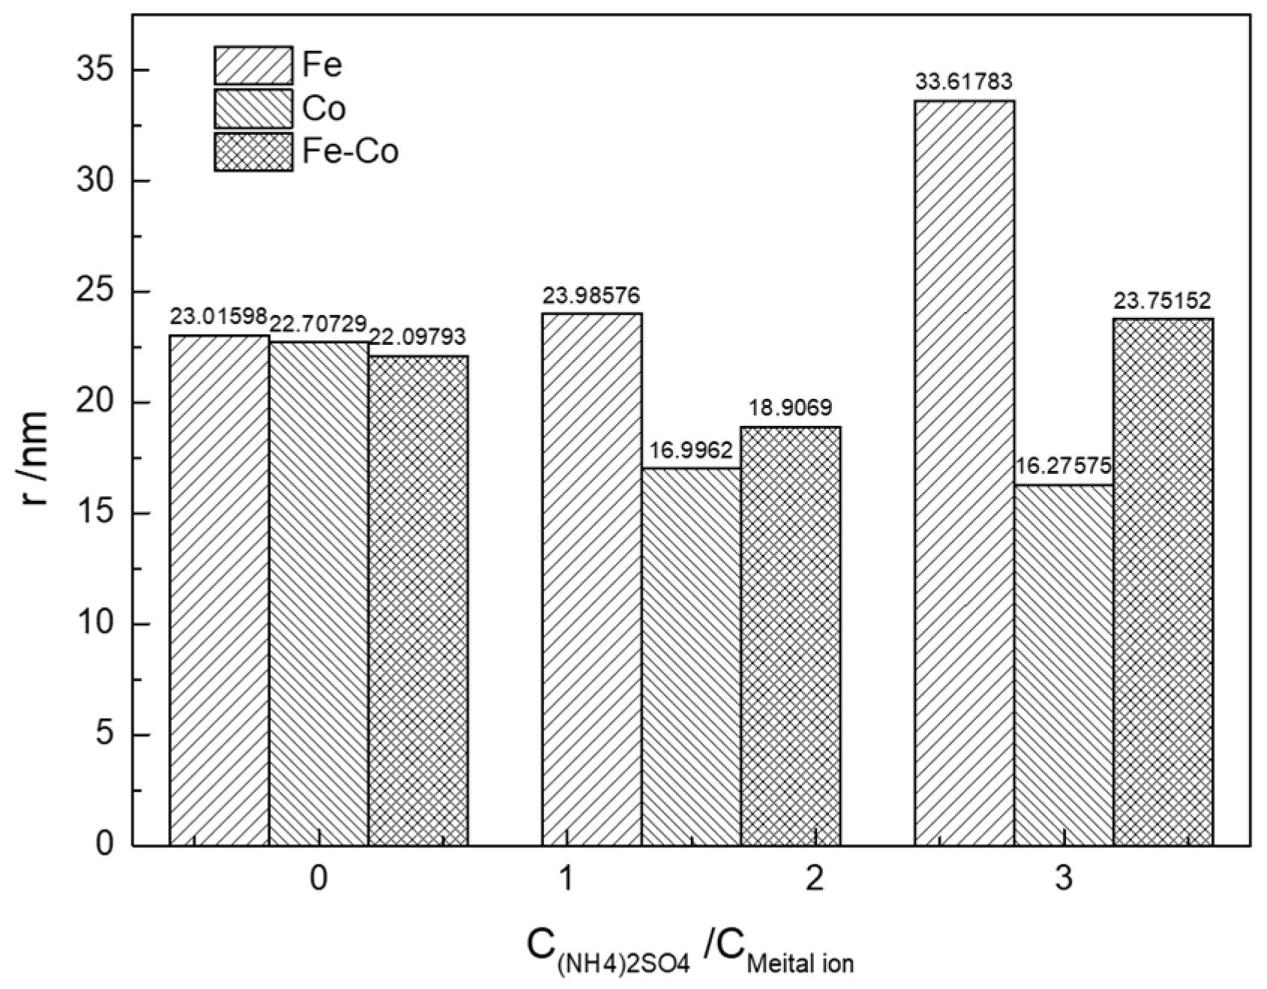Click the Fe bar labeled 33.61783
[964, 472]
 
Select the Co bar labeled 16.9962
[691, 656]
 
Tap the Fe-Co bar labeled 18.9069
[791, 636]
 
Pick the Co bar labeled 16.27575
[1064, 664]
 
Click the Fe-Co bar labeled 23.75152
[1163, 582]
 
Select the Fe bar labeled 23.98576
[591, 579]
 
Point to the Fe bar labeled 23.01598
[219, 590]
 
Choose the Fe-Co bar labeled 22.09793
[418, 600]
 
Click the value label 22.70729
[318, 325]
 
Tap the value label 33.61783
[964, 81]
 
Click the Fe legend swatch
[253, 65]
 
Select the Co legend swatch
[253, 109]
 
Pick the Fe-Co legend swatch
[253, 152]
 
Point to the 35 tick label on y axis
[96, 70]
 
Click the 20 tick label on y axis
[96, 403]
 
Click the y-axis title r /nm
[34, 457]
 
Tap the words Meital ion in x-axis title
[801, 962]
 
